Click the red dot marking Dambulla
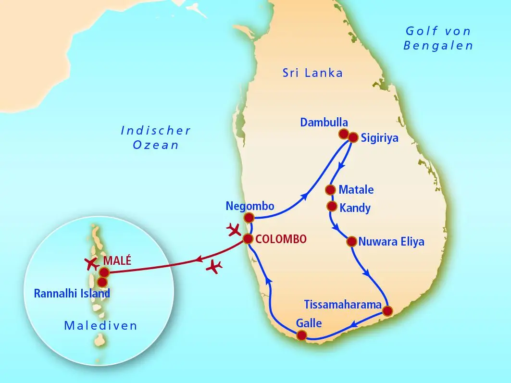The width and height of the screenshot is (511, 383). [x=344, y=134]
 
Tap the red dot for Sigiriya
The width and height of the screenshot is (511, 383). [x=353, y=137]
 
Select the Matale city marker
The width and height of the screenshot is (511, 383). [x=330, y=189]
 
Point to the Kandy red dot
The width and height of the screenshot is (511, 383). [x=331, y=206]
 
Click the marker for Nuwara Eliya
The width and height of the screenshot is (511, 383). [x=351, y=241]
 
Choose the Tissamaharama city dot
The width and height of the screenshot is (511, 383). [x=387, y=310]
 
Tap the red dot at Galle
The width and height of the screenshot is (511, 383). [x=301, y=335]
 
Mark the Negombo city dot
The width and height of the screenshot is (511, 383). [x=249, y=218]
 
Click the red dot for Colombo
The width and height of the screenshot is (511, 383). [x=248, y=239]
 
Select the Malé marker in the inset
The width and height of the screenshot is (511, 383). [x=104, y=272]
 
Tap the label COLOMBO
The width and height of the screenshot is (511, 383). [x=281, y=239]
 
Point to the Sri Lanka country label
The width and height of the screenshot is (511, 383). [x=312, y=73]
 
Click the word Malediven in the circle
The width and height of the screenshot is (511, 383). [x=100, y=326]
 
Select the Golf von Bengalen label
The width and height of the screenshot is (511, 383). [x=438, y=39]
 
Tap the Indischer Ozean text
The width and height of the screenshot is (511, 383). [x=156, y=137]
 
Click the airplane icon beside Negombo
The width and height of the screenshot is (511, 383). [x=234, y=230]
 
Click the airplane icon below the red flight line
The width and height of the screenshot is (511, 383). [x=214, y=266]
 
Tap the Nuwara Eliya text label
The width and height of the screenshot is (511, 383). [x=391, y=241]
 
